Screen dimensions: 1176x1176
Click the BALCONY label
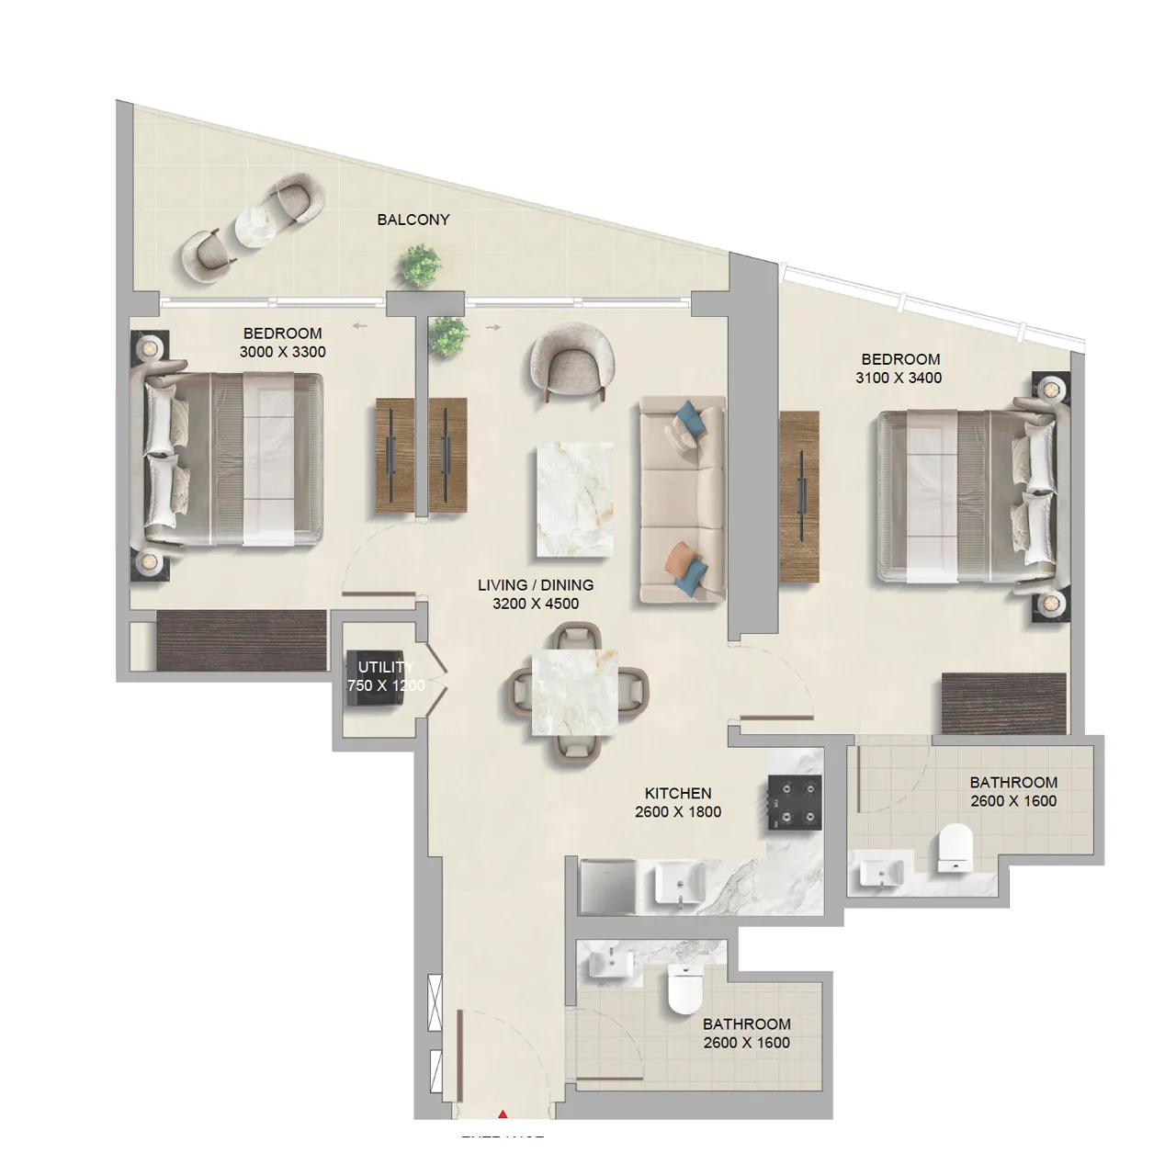(413, 220)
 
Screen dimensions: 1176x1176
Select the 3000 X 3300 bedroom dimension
(282, 352)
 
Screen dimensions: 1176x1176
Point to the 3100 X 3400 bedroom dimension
(899, 378)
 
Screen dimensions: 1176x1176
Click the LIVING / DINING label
(536, 585)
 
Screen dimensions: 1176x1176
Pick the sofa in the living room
(683, 500)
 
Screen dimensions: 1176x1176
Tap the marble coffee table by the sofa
(575, 499)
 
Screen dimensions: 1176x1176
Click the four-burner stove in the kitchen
(794, 803)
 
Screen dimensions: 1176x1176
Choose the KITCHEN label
(678, 793)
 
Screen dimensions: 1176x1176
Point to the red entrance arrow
(502, 1114)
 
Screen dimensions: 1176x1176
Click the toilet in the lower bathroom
(684, 989)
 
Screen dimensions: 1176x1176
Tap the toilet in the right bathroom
(955, 847)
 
